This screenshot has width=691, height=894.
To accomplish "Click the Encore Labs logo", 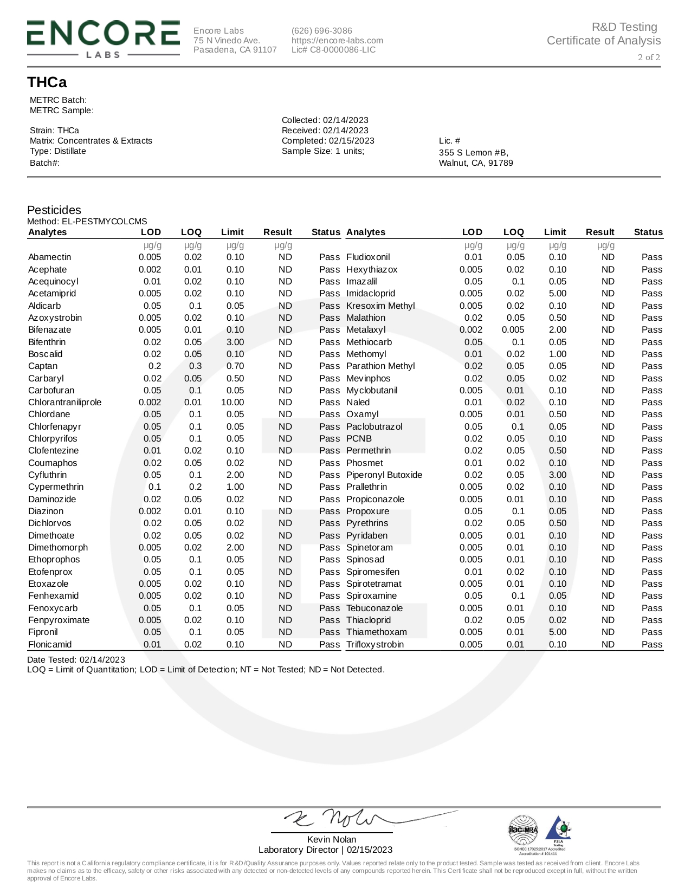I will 103,38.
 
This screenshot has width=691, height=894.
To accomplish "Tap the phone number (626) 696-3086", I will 321,31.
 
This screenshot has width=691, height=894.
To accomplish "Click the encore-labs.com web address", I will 337,41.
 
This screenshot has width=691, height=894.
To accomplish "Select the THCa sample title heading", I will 47,82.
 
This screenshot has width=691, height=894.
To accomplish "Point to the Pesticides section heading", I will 54,210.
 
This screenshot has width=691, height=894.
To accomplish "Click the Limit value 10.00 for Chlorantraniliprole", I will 233,403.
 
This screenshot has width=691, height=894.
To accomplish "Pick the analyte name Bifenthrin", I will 47,342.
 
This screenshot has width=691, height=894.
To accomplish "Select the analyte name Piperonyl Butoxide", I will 384,475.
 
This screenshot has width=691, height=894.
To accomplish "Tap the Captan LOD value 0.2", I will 155,366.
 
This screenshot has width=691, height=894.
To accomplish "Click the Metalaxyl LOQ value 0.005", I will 513,330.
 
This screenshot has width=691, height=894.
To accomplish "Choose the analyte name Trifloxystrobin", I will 375,645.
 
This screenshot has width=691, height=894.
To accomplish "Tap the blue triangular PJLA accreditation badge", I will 558,829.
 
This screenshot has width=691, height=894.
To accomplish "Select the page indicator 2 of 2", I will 649,57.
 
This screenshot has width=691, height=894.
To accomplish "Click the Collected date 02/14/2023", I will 345,120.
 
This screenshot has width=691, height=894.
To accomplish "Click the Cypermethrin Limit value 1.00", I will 235,487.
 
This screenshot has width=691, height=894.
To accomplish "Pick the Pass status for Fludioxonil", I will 651,257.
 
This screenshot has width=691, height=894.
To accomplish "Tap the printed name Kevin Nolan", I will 332,839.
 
